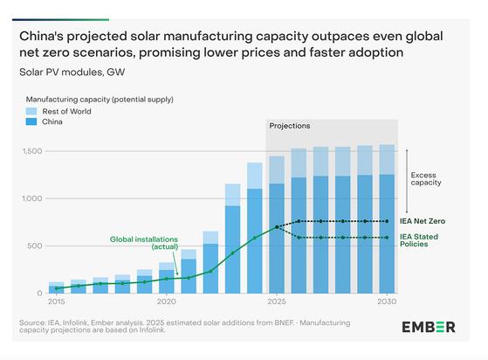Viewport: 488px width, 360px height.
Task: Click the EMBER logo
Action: click(427, 327)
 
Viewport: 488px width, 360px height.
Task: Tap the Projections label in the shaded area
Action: click(291, 125)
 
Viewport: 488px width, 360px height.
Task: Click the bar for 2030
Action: click(387, 218)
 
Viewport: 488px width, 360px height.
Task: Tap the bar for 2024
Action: click(255, 227)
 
